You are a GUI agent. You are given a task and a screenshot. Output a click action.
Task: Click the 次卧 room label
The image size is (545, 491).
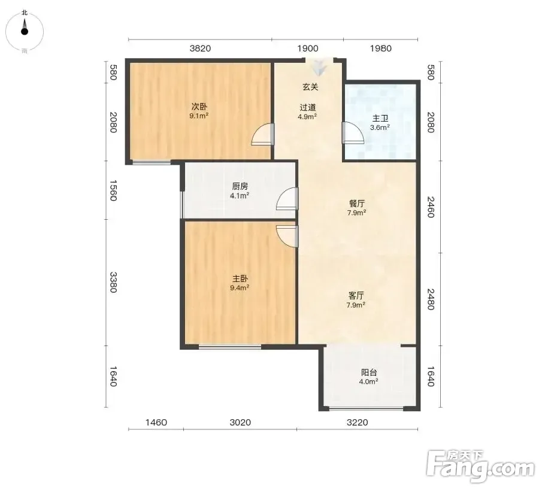tap(199, 107)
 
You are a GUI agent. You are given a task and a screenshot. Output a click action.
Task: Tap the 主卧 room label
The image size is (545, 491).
tap(240, 278)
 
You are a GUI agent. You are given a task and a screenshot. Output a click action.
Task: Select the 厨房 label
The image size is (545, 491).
tap(240, 187)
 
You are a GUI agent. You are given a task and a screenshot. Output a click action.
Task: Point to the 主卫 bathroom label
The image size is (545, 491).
tap(380, 119)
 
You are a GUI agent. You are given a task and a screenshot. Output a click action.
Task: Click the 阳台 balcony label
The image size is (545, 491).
tap(369, 372)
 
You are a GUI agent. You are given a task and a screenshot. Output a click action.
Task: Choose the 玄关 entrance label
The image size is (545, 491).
tap(310, 87)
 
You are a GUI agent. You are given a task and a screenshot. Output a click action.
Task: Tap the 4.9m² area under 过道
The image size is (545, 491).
tap(307, 116)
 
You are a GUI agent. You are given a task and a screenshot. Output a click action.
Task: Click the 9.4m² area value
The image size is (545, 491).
tap(240, 288)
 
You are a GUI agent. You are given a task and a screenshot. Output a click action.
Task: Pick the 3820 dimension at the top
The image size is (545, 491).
tap(200, 49)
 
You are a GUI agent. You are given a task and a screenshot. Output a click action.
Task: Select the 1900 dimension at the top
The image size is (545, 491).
tap(308, 49)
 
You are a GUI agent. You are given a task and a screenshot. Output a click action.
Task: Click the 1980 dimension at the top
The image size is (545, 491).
tap(380, 49)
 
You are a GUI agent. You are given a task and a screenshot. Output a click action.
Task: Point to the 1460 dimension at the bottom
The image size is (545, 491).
tap(156, 422)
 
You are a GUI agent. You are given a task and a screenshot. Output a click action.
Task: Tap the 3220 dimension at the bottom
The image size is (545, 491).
tap(358, 422)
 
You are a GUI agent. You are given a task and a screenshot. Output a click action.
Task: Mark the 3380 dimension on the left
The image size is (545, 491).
tap(113, 282)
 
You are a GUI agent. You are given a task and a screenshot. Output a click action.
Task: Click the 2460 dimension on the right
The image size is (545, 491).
tap(431, 207)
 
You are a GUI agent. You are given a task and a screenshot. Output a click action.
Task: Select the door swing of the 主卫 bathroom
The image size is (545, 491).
tap(352, 133)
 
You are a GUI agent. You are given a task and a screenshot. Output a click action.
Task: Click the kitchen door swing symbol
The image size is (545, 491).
tap(287, 199)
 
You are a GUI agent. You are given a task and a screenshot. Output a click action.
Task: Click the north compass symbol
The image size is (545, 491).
tap(25, 31)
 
